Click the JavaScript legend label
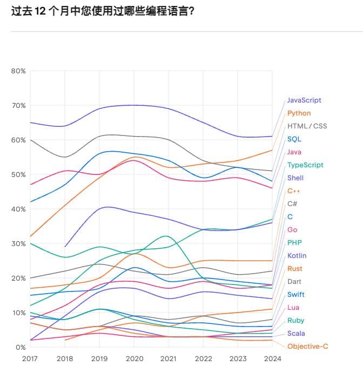tap(304, 100)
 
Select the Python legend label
tap(299, 113)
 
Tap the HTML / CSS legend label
tap(307, 126)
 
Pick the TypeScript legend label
tap(305, 165)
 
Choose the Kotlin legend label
tap(297, 256)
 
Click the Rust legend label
tap(295, 269)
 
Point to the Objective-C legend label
tap(307, 347)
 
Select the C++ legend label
tap(293, 191)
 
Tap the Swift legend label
tap(296, 295)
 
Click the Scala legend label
tap(296, 334)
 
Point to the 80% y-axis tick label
tap(18, 71)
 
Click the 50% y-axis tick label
tap(18, 175)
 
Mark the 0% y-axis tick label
tap(20, 348)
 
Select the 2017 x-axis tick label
tap(30, 358)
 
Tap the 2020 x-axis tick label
tap(133, 358)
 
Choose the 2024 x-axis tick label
tap(272, 358)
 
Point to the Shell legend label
tap(295, 178)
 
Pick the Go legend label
tap(292, 230)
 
